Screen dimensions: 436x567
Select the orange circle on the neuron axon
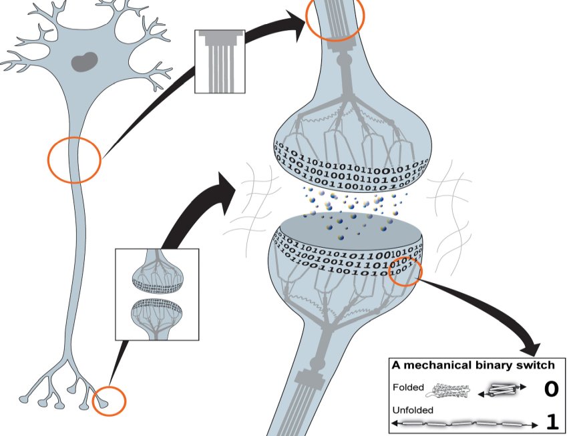pyautogui.click(x=74, y=160)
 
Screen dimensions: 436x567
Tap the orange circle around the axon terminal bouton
pyautogui.click(x=109, y=401)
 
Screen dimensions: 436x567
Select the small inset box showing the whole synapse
pyautogui.click(x=157, y=294)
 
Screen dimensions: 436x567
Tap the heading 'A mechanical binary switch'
pyautogui.click(x=473, y=365)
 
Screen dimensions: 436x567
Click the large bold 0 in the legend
pyautogui.click(x=550, y=389)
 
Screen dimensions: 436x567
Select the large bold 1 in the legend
pyautogui.click(x=552, y=421)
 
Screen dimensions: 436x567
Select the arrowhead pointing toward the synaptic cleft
pyautogui.click(x=226, y=183)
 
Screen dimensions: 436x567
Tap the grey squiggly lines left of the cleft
pyautogui.click(x=247, y=200)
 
